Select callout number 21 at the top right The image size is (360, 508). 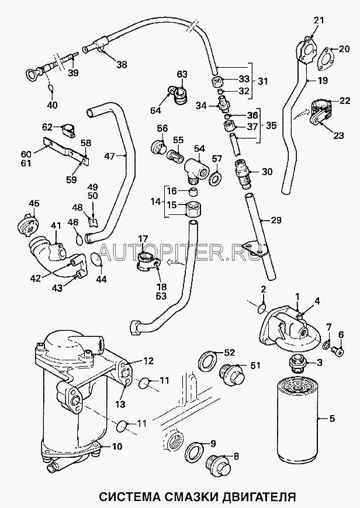[317, 21]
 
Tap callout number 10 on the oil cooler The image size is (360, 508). [116, 448]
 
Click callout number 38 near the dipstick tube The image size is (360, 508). [121, 65]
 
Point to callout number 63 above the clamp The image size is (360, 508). [182, 74]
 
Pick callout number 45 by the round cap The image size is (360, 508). [33, 204]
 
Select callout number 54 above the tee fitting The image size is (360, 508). [200, 149]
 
